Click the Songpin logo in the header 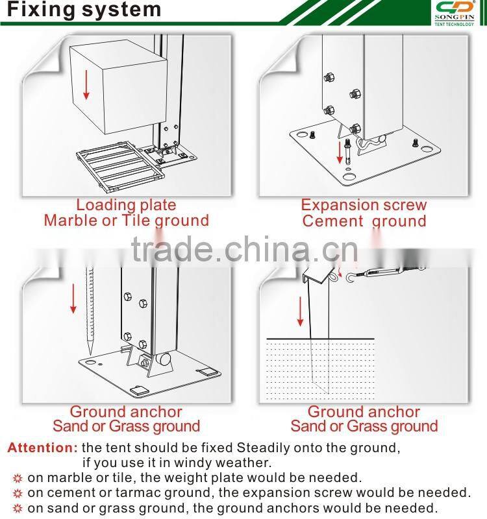(x=454, y=13)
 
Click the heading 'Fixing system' (x=84, y=10)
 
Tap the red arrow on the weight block (x=86, y=84)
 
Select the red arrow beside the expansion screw (x=339, y=152)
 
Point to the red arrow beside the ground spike (x=73, y=298)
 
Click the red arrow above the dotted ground (x=300, y=311)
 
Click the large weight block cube (x=118, y=87)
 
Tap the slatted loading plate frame (x=120, y=167)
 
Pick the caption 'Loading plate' (x=126, y=205)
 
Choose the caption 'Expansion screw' (x=364, y=205)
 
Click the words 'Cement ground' (x=364, y=221)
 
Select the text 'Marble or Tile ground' (x=126, y=221)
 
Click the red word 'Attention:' (x=42, y=448)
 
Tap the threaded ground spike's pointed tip (x=90, y=355)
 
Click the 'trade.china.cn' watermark (x=245, y=249)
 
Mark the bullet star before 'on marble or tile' (x=18, y=478)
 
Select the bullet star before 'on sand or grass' (x=18, y=508)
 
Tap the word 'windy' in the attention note (x=193, y=463)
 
